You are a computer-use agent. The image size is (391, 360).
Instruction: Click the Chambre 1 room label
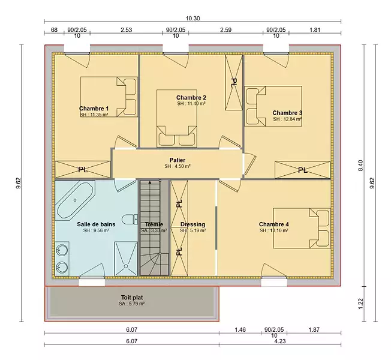[x=94, y=109]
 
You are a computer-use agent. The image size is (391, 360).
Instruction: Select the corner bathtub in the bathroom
[x=75, y=200]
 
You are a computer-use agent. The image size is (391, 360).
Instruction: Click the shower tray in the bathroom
[x=126, y=259]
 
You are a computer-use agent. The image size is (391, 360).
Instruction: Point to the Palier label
[x=178, y=160]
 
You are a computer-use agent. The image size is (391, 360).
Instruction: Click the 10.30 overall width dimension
[x=193, y=19]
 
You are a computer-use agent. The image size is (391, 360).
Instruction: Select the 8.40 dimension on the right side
[x=360, y=166]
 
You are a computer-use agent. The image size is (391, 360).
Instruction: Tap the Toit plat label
[x=132, y=298]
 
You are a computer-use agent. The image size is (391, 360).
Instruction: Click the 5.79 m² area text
[x=132, y=304]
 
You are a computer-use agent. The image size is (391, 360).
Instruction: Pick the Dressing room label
[x=193, y=224]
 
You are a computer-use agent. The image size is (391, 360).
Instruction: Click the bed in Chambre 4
[x=302, y=228]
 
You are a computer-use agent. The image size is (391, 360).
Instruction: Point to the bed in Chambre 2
[x=177, y=118]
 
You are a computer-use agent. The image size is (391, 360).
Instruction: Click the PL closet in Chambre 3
[x=302, y=170]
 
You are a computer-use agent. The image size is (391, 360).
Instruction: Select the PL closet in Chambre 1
[x=83, y=170]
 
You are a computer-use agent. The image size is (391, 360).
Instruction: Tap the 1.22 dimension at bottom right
[x=360, y=304]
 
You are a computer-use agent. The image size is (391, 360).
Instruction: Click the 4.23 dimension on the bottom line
[x=280, y=341]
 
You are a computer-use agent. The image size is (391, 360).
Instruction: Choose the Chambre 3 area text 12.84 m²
[x=287, y=119]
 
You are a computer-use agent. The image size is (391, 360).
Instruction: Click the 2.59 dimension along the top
[x=225, y=30]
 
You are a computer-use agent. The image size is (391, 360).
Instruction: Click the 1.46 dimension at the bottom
[x=240, y=330]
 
